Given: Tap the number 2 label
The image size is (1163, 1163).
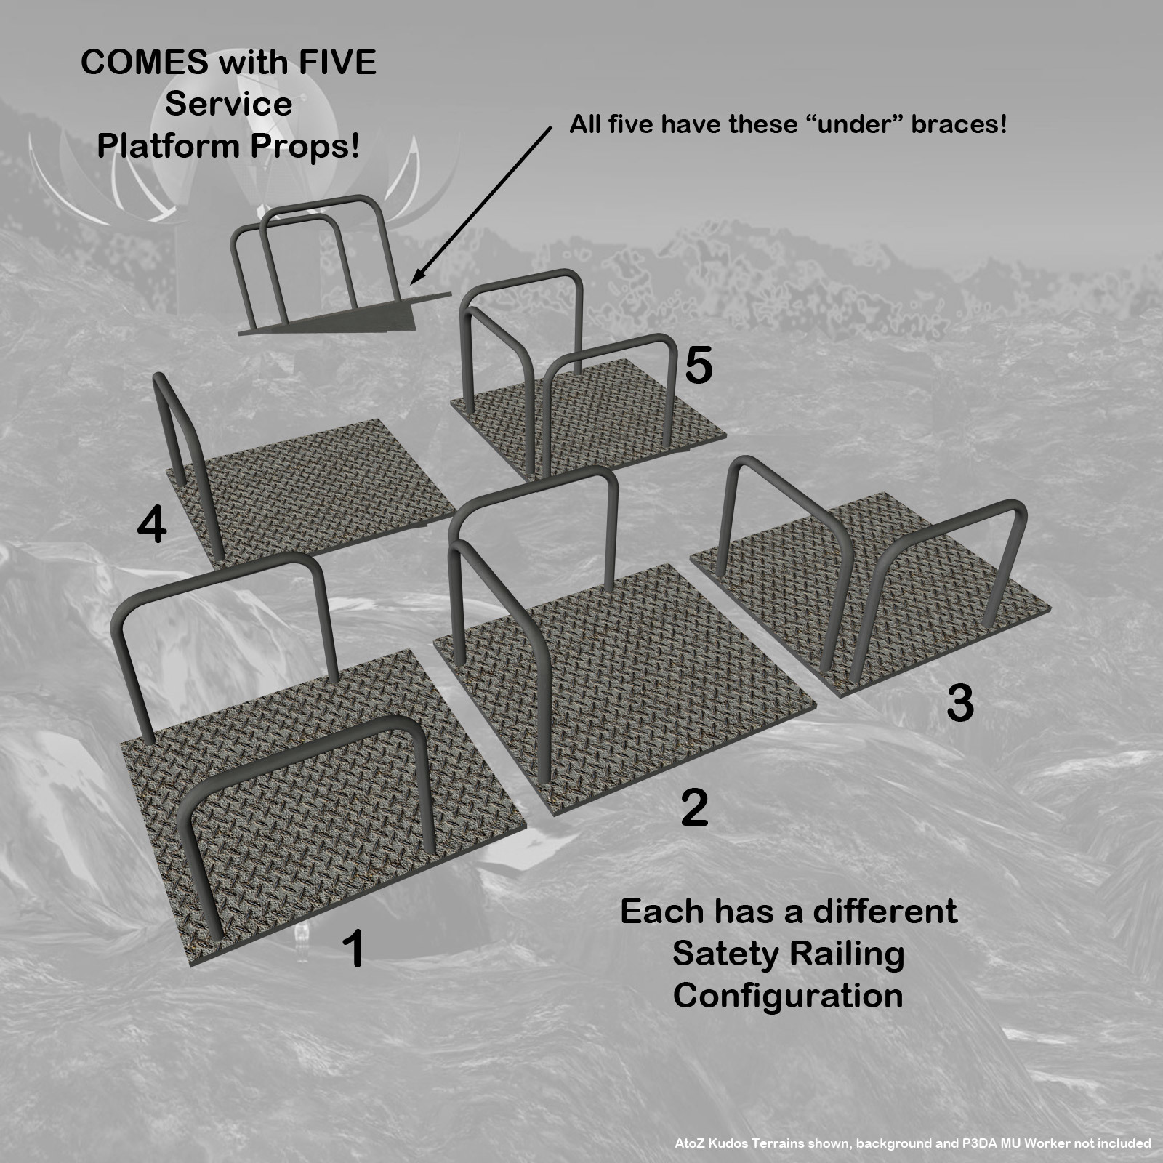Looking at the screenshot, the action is click(694, 808).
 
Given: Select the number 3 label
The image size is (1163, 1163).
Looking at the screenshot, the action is click(959, 703).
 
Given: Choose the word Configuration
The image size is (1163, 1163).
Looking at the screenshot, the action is click(788, 996).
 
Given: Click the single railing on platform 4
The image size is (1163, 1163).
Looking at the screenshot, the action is click(185, 465).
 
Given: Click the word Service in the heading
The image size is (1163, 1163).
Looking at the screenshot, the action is click(228, 104).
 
